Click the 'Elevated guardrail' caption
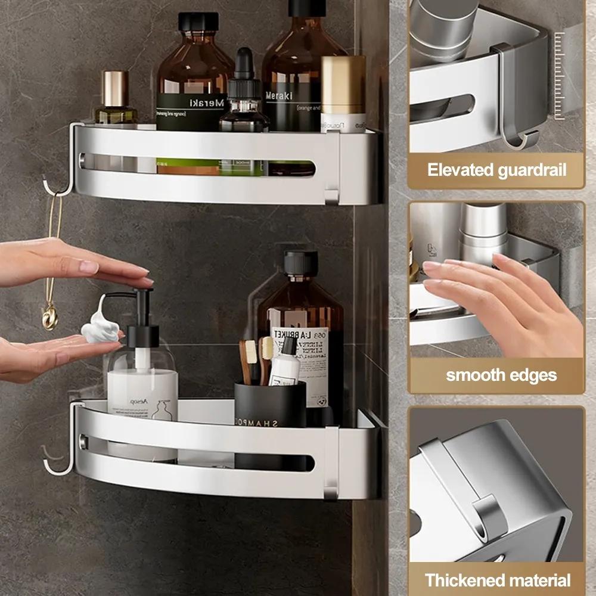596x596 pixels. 496,170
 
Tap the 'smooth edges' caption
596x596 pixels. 501,375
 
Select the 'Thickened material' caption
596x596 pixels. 497,580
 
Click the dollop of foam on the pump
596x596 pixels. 100,328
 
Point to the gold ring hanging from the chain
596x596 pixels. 50,315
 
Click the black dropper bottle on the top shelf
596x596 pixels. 244,98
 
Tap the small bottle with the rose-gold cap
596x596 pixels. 116,98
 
